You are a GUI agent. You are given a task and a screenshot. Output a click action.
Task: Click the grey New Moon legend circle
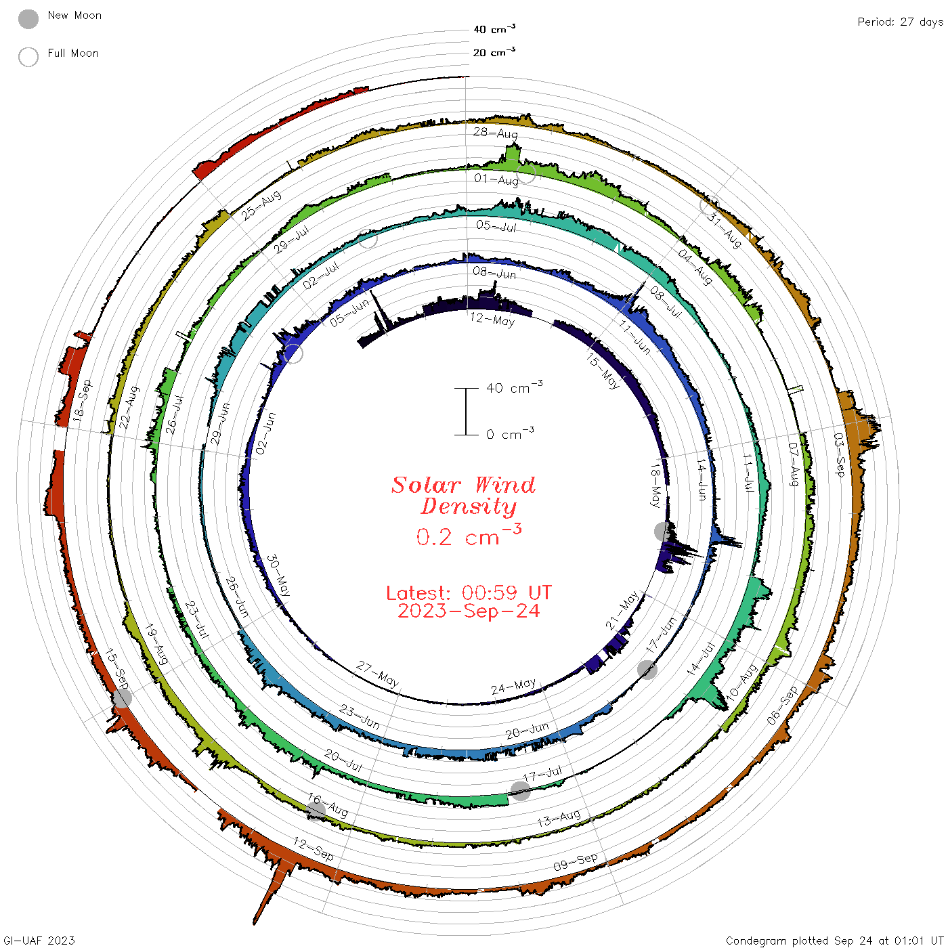[x=28, y=19]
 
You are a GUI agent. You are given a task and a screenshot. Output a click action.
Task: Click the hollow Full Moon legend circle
[x=28, y=57]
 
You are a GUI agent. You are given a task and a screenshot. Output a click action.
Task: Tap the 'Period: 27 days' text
[x=900, y=22]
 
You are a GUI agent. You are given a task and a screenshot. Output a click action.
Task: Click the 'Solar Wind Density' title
[x=463, y=496]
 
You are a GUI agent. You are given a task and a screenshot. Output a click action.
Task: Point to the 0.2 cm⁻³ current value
[x=469, y=535]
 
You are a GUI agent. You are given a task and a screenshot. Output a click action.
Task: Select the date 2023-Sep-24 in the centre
[x=469, y=611]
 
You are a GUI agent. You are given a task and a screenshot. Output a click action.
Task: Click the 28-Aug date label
[x=495, y=133]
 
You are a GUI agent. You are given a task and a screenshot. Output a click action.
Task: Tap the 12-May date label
[x=492, y=320]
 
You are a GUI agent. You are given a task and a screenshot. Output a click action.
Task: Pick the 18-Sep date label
[x=82, y=400]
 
